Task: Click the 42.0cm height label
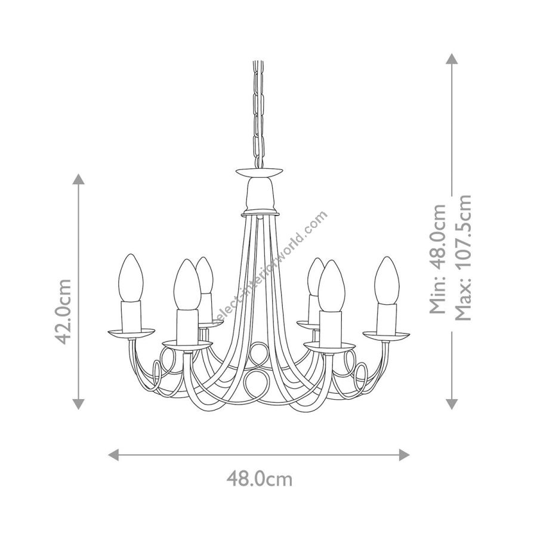[63, 311]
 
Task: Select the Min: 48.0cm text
[438, 260]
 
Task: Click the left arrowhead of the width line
[113, 455]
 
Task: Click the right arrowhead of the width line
[405, 455]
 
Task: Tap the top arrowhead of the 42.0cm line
[79, 179]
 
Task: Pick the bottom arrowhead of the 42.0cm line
[79, 404]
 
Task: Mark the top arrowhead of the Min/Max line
[452, 58]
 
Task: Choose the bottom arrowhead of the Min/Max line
[452, 404]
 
